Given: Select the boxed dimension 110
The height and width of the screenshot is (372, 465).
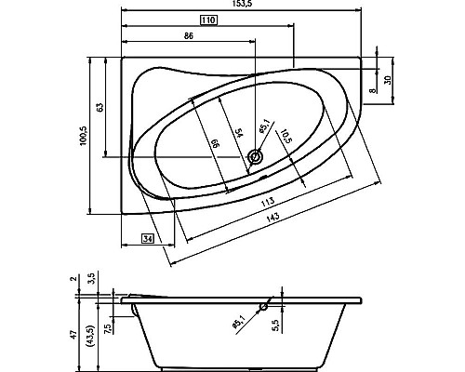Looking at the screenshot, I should (208, 20).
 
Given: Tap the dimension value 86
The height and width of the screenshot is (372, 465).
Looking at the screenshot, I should (189, 34).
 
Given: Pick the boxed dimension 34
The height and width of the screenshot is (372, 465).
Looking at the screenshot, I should (147, 239).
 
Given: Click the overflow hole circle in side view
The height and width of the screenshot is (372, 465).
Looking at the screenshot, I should (265, 304).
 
